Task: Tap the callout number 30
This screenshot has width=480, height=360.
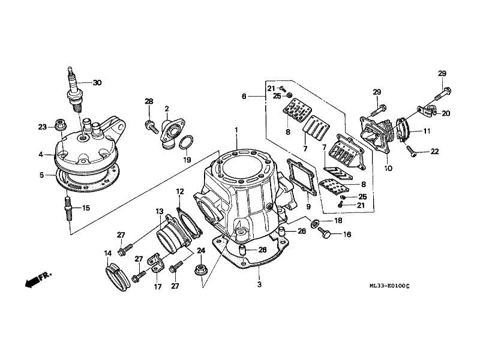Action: click(x=97, y=83)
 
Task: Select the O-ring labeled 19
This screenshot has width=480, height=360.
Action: click(x=187, y=142)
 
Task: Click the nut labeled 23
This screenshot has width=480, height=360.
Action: click(x=59, y=125)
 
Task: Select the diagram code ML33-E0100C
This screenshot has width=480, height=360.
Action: click(x=389, y=286)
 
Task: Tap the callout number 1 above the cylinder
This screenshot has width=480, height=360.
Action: click(x=236, y=130)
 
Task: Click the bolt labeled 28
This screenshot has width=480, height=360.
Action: click(x=151, y=126)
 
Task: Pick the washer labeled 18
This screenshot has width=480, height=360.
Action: click(x=314, y=223)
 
